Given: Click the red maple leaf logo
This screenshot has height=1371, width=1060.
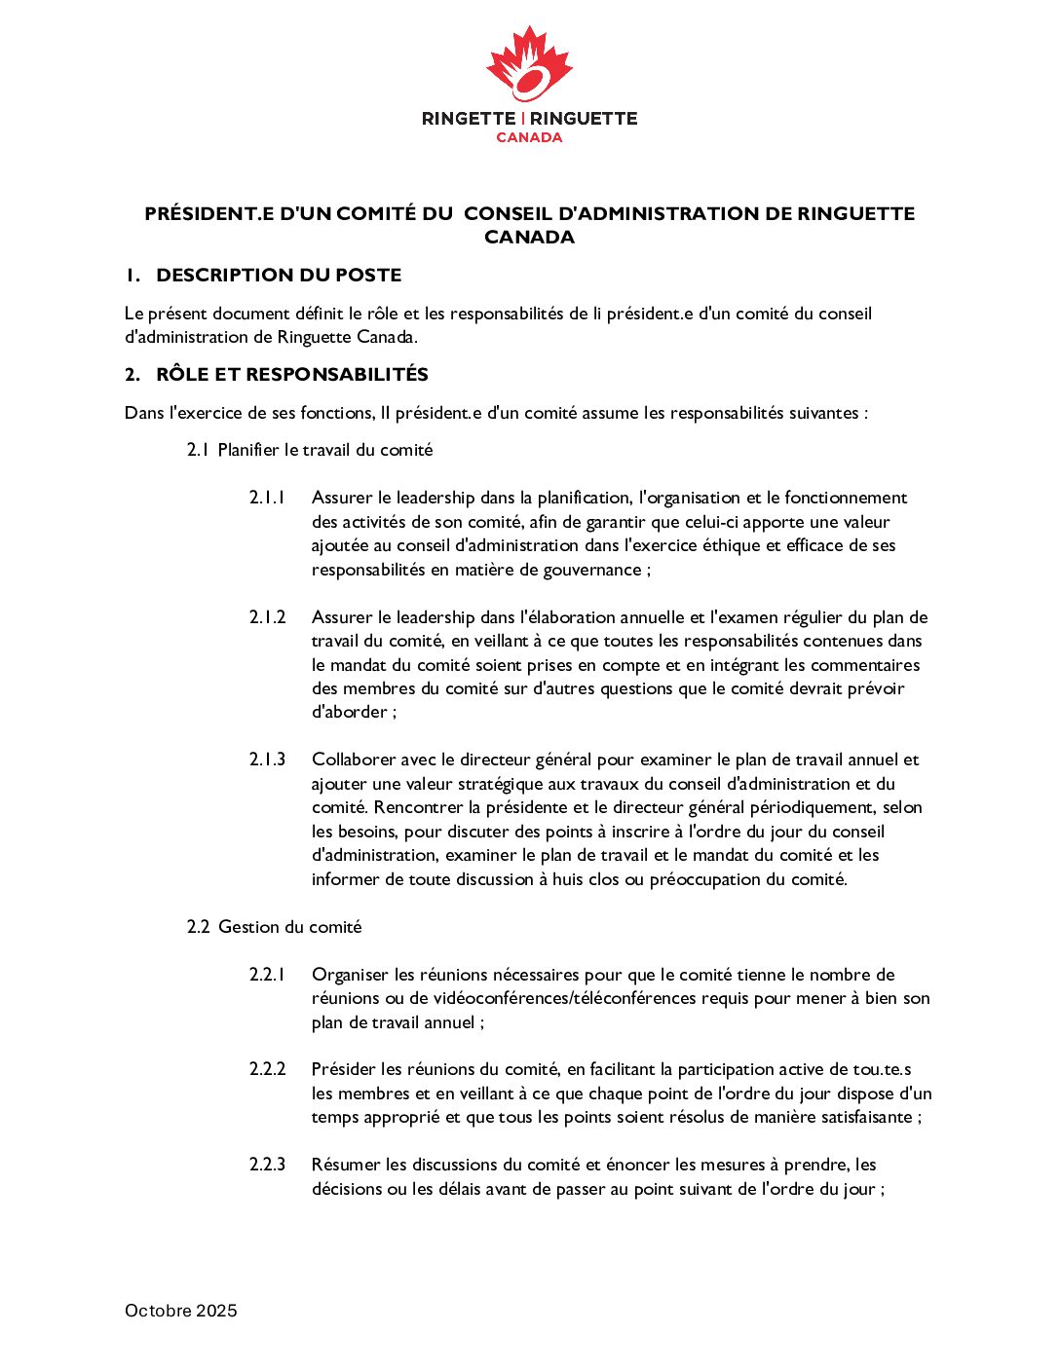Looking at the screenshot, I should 529,64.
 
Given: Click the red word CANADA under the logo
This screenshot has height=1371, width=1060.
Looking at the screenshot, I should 529,137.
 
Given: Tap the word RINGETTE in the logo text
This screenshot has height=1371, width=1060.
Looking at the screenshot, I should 469,119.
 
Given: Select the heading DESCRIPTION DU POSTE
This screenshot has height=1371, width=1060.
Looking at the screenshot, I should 279,276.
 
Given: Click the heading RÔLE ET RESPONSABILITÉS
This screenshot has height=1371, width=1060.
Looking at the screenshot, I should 292,375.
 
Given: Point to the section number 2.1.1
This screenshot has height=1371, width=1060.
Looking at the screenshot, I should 267,498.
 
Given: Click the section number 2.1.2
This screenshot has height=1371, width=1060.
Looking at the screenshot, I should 267,617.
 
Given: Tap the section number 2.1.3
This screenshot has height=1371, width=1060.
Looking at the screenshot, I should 267,760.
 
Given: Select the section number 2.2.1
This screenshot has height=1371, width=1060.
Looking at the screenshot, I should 267,975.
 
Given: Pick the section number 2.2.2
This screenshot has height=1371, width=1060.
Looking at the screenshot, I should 267,1069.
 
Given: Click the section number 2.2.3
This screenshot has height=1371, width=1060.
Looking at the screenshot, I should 267,1165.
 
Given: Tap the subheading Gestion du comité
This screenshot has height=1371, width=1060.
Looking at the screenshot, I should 289,927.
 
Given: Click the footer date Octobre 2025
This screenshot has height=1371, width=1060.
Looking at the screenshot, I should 181,1311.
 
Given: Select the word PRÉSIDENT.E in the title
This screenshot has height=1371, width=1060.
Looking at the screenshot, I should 209,214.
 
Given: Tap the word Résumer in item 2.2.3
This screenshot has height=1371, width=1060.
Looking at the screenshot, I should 346,1165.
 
